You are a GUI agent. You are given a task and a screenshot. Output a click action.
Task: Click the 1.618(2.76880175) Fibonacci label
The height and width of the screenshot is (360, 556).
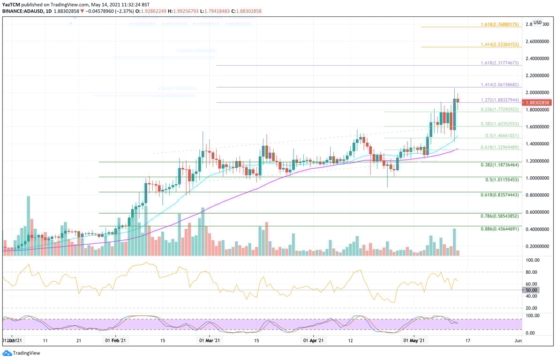(x=500, y=24)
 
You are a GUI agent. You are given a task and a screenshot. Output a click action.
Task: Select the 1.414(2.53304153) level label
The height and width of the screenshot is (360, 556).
(x=500, y=44)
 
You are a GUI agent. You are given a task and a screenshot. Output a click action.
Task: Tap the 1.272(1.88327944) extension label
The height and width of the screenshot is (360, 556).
(x=500, y=100)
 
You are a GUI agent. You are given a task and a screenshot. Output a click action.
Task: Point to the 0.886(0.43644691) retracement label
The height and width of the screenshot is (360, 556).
(x=500, y=229)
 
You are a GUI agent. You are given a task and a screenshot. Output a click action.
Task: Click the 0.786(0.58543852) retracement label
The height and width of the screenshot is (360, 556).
(x=500, y=216)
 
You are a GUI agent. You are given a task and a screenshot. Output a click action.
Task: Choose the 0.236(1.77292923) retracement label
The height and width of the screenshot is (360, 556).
(x=500, y=109)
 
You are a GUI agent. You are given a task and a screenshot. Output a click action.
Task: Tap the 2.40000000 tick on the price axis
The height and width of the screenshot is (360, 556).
(x=537, y=59)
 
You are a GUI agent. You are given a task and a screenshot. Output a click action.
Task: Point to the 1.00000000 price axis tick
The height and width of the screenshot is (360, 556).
(x=537, y=178)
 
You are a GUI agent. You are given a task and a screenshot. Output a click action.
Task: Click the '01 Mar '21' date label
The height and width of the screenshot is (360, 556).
(x=209, y=341)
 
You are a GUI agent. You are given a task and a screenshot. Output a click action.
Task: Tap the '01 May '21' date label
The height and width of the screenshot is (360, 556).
(x=413, y=341)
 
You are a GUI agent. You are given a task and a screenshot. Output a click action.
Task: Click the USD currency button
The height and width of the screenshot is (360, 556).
(x=537, y=22)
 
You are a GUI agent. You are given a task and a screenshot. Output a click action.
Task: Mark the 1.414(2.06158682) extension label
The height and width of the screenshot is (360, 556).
(x=500, y=85)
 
